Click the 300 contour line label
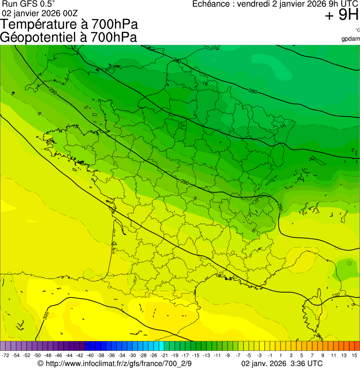[x=45, y=316]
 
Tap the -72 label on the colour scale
[x=6, y=356]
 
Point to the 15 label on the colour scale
[x=354, y=356]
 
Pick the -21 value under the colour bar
[x=164, y=356]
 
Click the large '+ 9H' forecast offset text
[x=342, y=15]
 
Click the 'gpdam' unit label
[x=351, y=39]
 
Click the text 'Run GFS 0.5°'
[x=28, y=4]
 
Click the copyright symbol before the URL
[x=40, y=363]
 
